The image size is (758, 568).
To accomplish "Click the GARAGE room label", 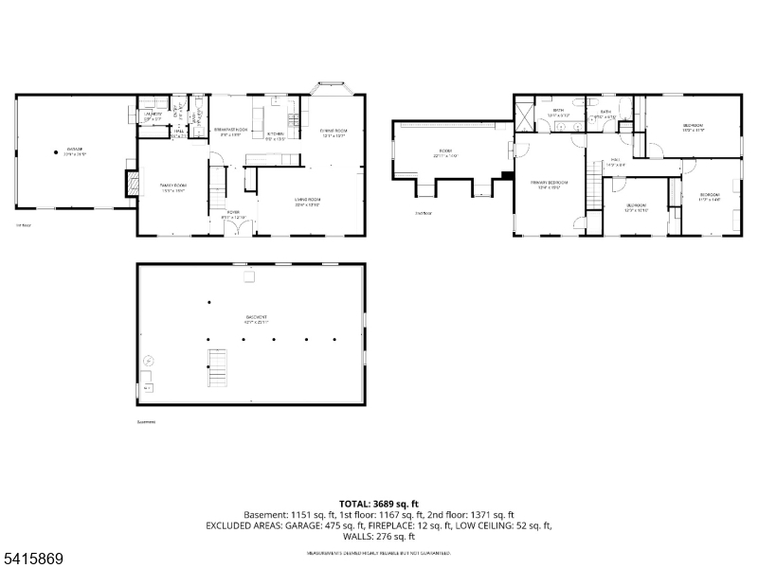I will click(x=75, y=149).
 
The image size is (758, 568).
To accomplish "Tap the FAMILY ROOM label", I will click(x=172, y=186).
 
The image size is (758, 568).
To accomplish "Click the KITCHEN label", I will click(x=276, y=134).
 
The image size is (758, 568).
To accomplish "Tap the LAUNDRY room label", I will click(x=153, y=115).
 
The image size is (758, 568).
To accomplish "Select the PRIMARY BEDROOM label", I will click(x=549, y=184).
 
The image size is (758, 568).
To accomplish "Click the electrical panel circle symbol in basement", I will click(x=148, y=361).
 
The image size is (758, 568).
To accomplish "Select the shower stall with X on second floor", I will click(x=523, y=118).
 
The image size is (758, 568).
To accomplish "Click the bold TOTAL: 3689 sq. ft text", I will click(x=379, y=504).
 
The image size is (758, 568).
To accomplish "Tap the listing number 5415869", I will click(x=32, y=559).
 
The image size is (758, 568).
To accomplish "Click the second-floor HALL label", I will click(x=615, y=160).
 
